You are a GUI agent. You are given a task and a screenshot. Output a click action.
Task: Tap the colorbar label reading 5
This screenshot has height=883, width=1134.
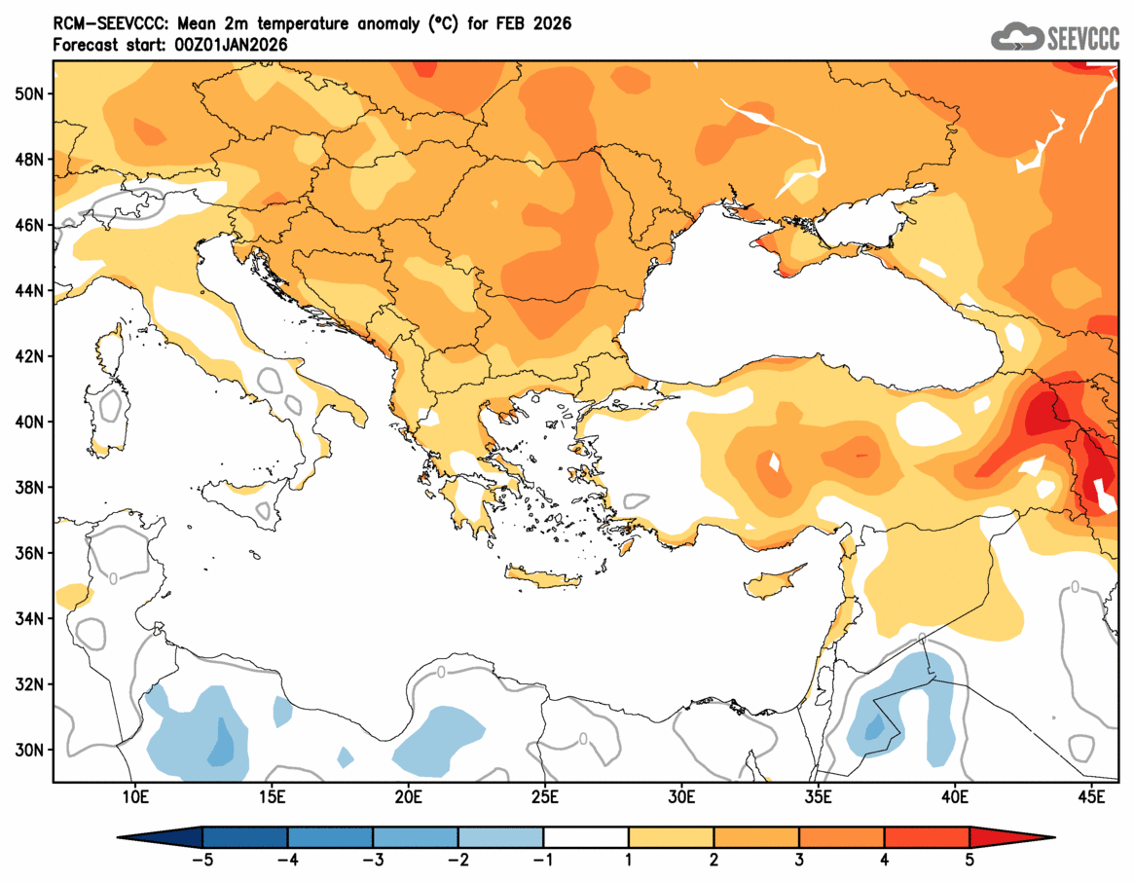[x=969, y=860]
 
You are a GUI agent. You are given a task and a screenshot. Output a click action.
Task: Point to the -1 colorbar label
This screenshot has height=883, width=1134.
[x=543, y=860]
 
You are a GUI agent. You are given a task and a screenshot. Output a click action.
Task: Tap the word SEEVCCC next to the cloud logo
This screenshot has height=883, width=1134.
[x=1082, y=38]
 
